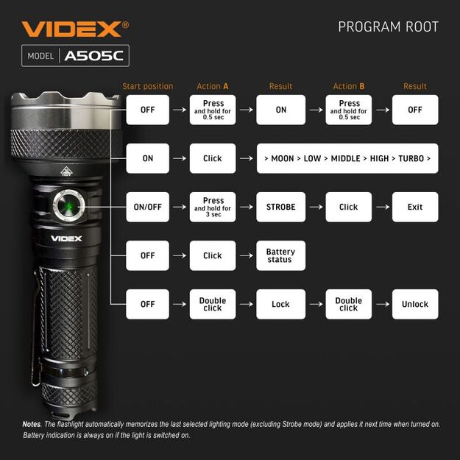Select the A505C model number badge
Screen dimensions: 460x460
95,56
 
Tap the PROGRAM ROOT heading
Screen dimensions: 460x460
388,27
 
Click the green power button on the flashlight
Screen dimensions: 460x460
68,206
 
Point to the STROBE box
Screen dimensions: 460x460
280,207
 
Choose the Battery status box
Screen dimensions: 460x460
280,255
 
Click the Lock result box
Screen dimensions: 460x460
280,304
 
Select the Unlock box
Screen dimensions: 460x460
415,304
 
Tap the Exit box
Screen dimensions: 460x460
415,207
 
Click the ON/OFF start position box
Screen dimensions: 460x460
147,207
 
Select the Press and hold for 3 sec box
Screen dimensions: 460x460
213,207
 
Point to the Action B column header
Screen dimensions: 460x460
349,86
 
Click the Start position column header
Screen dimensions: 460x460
147,86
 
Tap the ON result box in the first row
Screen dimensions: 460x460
280,110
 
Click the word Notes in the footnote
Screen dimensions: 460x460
31,425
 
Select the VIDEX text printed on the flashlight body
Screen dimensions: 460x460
66,237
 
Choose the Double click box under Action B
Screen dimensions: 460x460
349,304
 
